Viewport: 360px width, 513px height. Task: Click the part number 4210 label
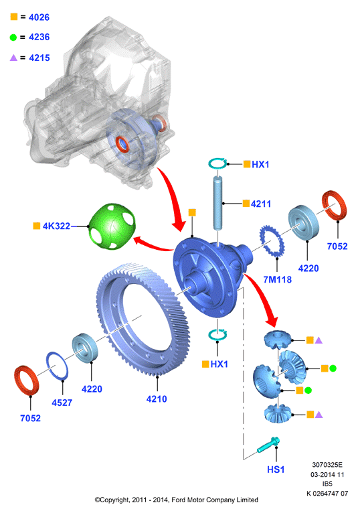coord(157,399)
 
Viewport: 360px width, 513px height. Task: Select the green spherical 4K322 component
coord(112,226)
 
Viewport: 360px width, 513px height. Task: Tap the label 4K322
coord(56,226)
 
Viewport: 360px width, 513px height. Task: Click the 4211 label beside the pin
coord(261,204)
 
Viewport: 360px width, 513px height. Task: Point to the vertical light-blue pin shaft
coord(217,203)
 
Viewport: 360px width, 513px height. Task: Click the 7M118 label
coord(277,279)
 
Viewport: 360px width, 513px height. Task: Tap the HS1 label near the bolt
coord(276,469)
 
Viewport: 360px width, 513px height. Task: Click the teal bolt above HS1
coord(268,445)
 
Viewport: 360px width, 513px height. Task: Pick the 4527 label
coord(62,402)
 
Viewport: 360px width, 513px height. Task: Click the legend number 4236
coord(39,37)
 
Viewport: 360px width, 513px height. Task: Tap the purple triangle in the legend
coord(13,58)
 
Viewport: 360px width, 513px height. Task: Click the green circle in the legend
coord(13,38)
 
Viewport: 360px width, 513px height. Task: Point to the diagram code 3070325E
coord(327,465)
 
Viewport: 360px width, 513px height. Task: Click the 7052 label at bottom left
coord(30,418)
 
